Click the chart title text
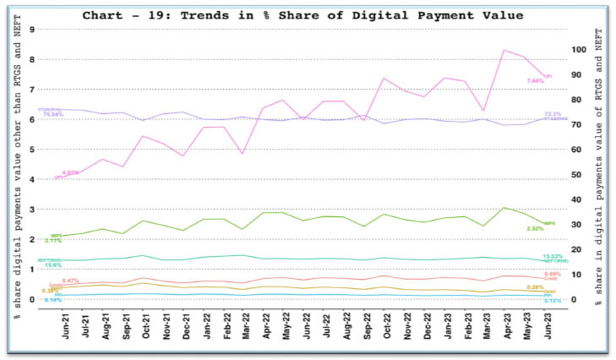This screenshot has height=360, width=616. tap(308, 15)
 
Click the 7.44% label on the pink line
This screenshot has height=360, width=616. tap(535, 81)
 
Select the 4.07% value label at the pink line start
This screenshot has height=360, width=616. tap(71, 172)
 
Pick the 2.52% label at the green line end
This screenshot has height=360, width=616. tap(535, 228)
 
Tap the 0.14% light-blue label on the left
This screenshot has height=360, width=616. tap(52, 300)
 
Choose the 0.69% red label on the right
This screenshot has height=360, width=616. tap(553, 275)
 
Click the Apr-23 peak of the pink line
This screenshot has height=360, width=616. tap(504, 51)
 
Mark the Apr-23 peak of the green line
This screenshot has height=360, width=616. tap(504, 208)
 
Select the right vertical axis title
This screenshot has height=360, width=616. tap(600, 169)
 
